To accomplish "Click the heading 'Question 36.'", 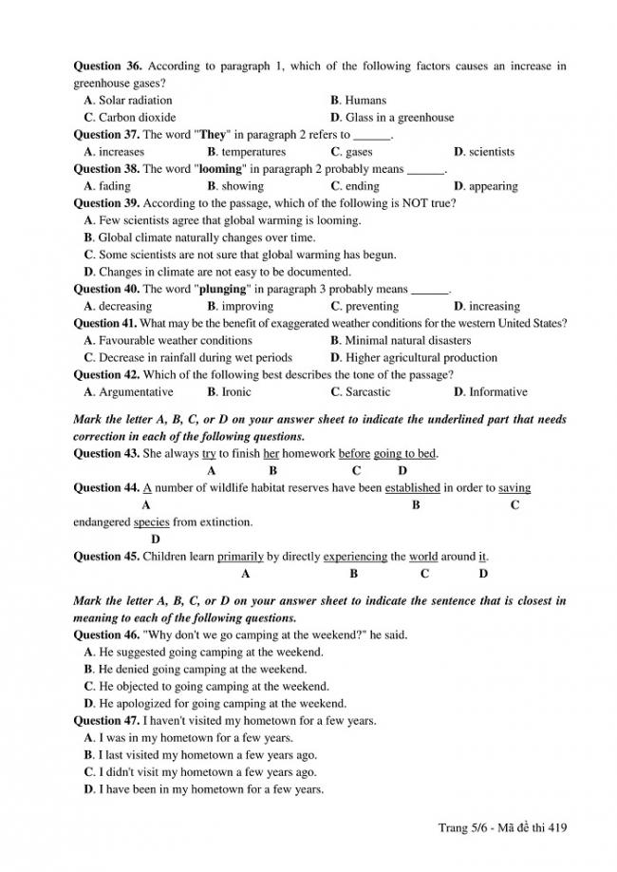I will pyautogui.click(x=107, y=66).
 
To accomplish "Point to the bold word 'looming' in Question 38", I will pyautogui.click(x=220, y=169).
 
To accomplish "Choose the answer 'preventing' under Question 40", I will pyautogui.click(x=371, y=306).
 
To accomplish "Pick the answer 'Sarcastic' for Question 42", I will pyautogui.click(x=367, y=391).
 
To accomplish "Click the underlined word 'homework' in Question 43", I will pyautogui.click(x=308, y=454).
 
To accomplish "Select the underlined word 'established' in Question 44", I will pyautogui.click(x=413, y=488).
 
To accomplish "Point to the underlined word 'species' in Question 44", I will pyautogui.click(x=151, y=522).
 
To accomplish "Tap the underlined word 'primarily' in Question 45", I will pyautogui.click(x=240, y=557).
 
